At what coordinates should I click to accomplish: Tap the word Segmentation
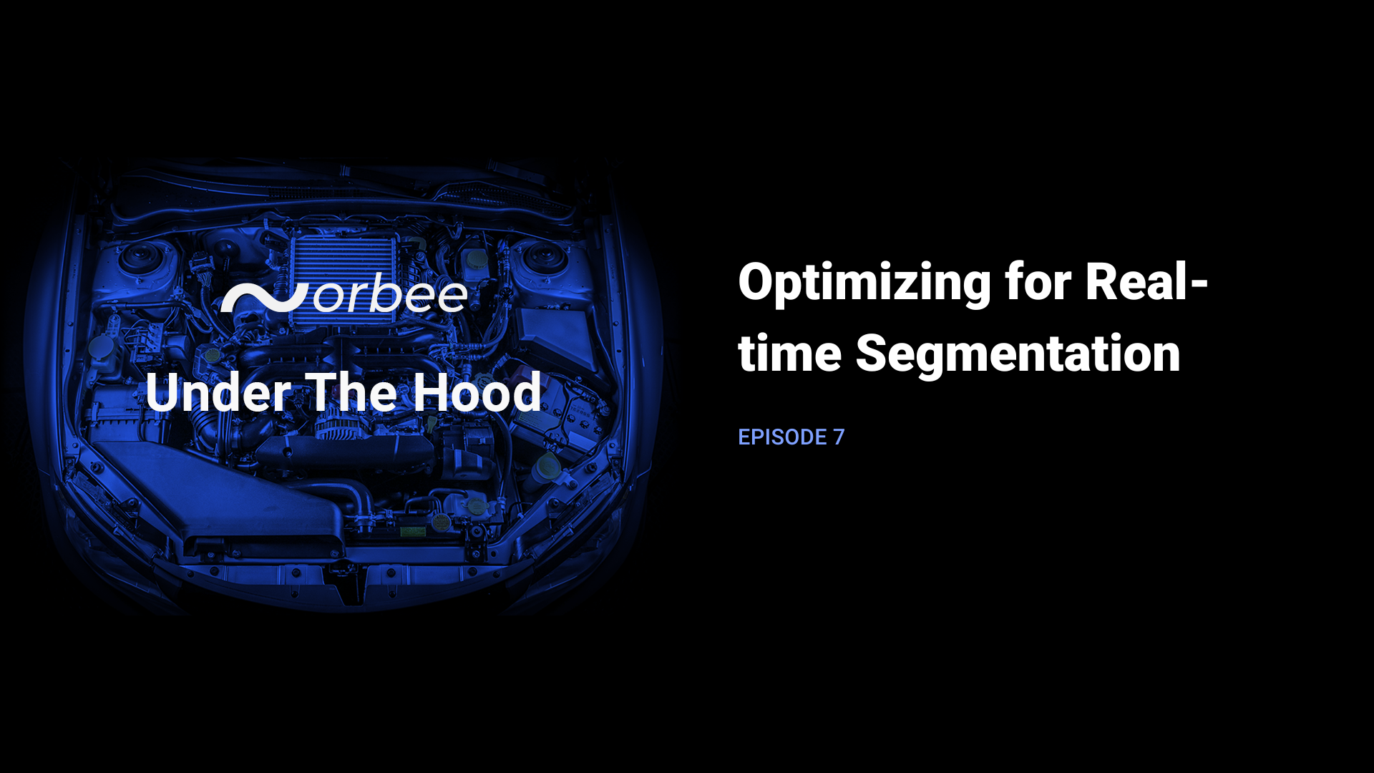[x=1018, y=354]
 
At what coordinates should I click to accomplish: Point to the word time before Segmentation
[x=789, y=354]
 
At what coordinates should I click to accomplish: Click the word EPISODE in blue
[x=782, y=437]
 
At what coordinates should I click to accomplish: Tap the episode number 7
[x=839, y=437]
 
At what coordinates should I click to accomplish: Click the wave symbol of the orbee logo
[x=263, y=298]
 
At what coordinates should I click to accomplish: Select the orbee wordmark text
[x=391, y=296]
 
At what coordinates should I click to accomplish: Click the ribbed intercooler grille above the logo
[x=343, y=258]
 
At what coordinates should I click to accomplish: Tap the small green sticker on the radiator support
[x=411, y=531]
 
